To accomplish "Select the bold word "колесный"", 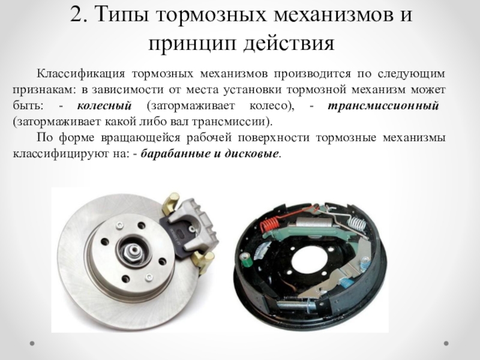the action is point(104,106).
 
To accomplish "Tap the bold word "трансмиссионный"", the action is point(383,106).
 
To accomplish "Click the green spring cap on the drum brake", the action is point(246,260).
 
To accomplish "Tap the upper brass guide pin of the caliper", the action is point(171,203).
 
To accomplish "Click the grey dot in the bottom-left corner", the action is point(32,343).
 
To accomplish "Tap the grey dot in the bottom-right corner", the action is point(446,343).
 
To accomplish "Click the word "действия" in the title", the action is point(289,43).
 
